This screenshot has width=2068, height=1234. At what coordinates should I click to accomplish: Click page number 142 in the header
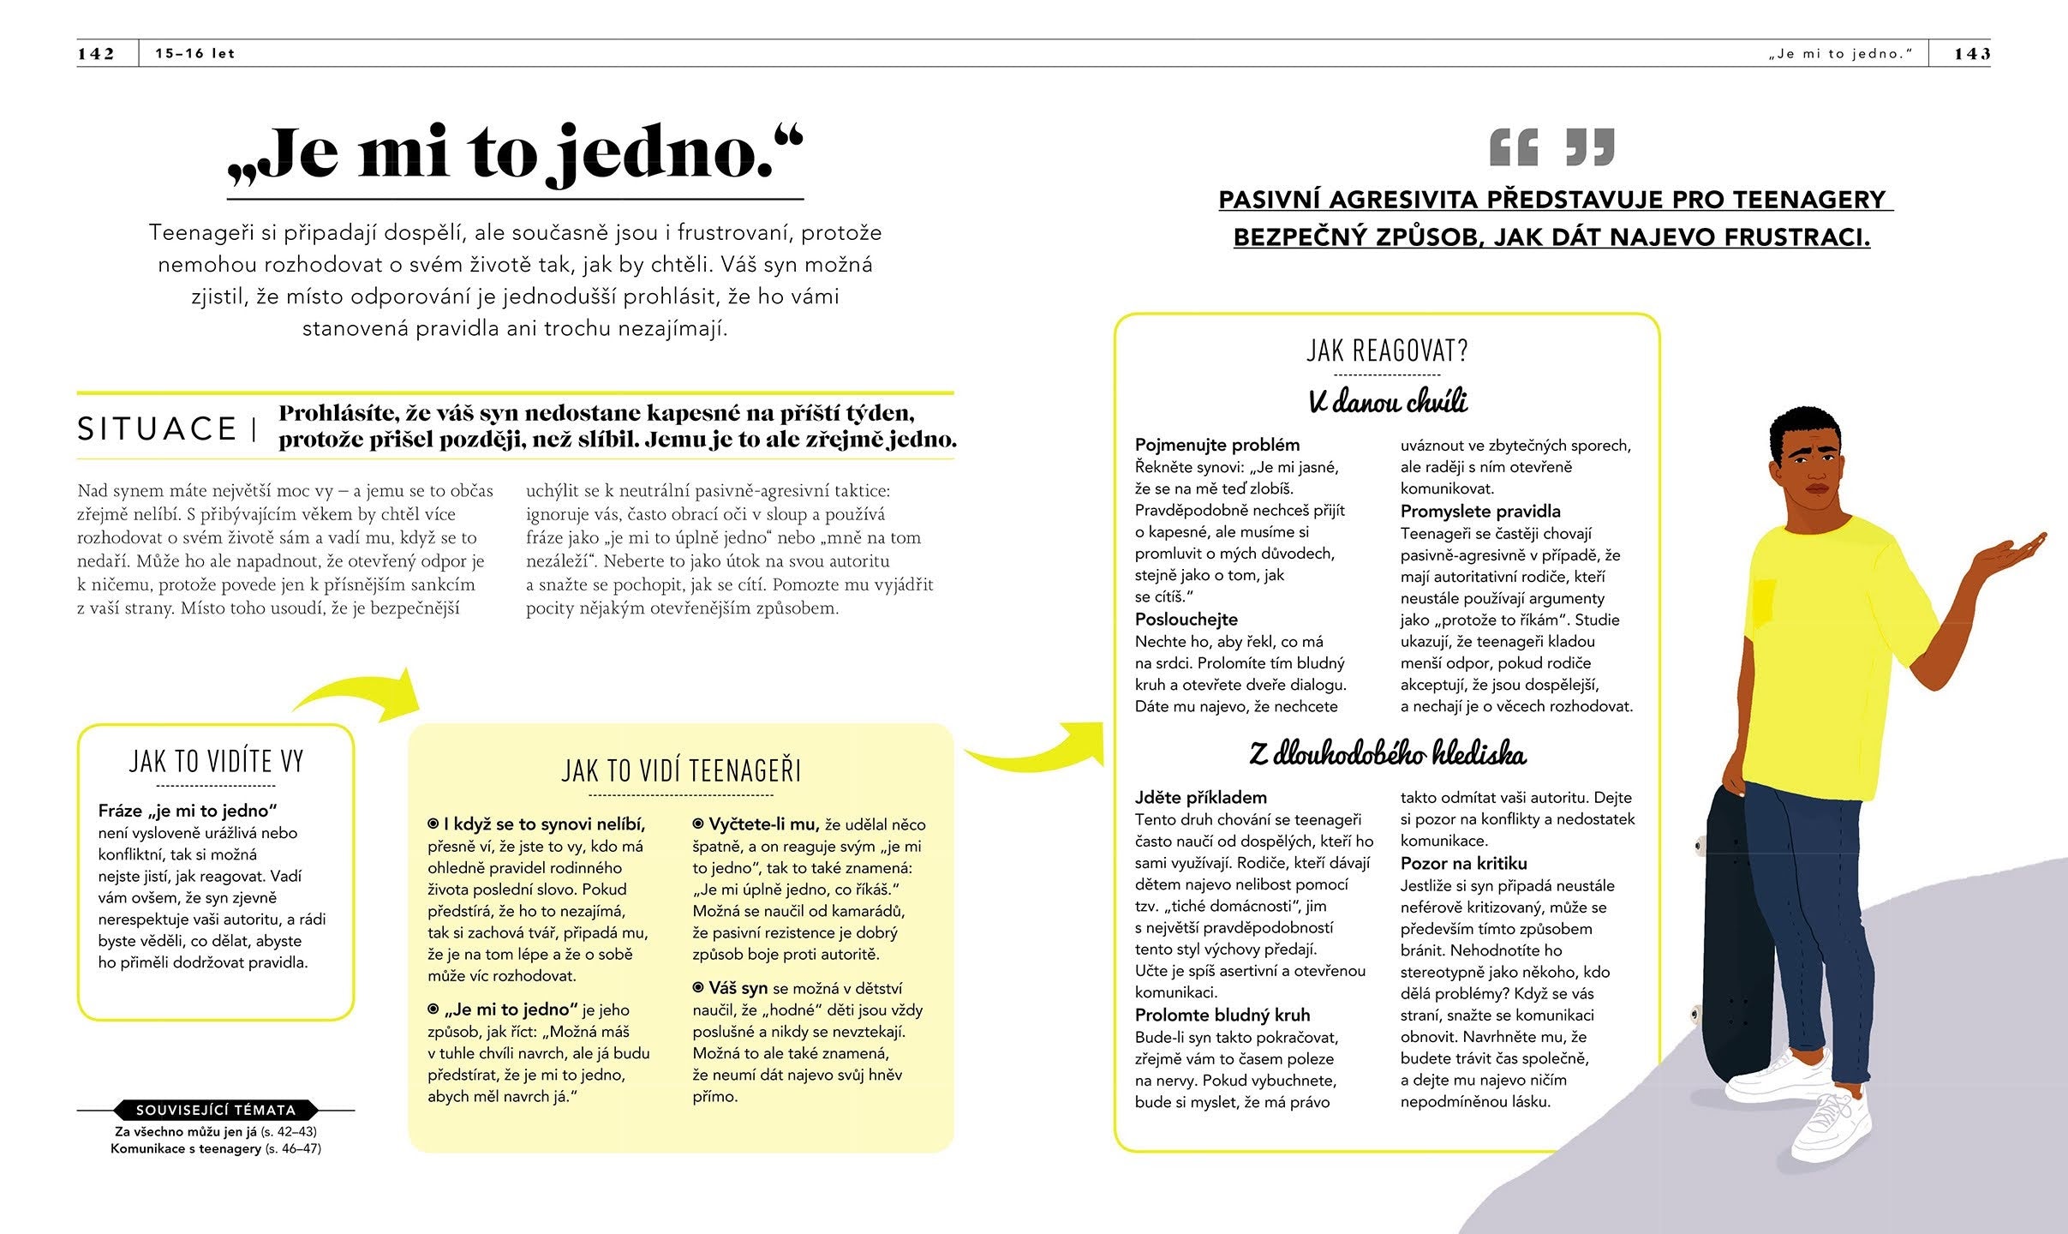click(x=96, y=53)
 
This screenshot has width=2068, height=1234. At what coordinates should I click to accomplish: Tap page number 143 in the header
click(x=1972, y=53)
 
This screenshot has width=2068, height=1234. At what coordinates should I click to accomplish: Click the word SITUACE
click(x=157, y=428)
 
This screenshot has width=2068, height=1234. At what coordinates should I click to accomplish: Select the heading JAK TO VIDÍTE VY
click(x=216, y=761)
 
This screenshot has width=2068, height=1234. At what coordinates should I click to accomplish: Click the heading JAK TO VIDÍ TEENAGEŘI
click(x=681, y=771)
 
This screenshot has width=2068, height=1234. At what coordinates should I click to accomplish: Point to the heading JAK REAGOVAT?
click(x=1387, y=350)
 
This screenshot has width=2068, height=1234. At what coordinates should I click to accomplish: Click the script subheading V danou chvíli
click(x=1388, y=401)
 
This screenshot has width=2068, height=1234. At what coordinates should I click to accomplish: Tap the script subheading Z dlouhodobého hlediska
click(x=1387, y=753)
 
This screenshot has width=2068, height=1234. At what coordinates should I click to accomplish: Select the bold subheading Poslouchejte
click(x=1186, y=619)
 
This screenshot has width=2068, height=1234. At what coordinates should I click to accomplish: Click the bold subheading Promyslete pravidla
click(x=1480, y=512)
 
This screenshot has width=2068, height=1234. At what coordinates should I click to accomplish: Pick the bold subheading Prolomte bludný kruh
click(x=1222, y=1015)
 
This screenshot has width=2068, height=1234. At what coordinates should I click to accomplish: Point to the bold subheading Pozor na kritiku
click(x=1463, y=864)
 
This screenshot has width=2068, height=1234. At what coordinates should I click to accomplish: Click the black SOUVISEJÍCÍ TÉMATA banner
click(x=216, y=1110)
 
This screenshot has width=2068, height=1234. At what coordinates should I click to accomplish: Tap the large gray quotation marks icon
click(x=1551, y=147)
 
